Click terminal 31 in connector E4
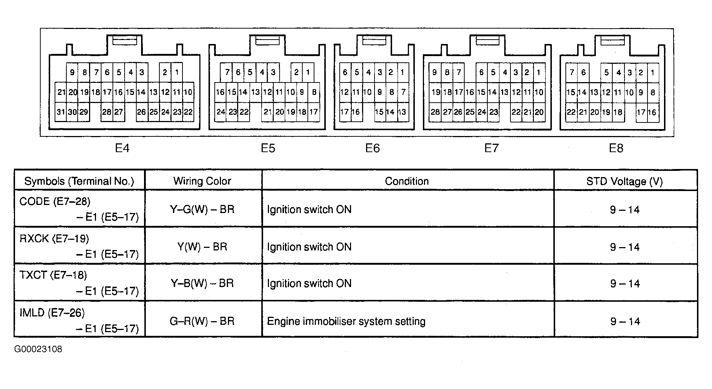(61, 112)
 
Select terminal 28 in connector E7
(435, 112)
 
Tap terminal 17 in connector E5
(314, 112)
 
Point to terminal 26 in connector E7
(458, 112)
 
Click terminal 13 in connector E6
(402, 112)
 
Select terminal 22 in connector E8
(571, 112)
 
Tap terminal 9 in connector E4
(72, 72)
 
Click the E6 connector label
(372, 148)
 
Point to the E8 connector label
(616, 148)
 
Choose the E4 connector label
(122, 148)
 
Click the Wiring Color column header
(202, 181)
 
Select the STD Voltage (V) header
(625, 181)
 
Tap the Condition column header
(407, 181)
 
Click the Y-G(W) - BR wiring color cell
(202, 209)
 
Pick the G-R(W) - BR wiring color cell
(202, 321)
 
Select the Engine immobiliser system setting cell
(346, 322)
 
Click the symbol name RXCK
(34, 239)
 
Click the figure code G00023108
(38, 349)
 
